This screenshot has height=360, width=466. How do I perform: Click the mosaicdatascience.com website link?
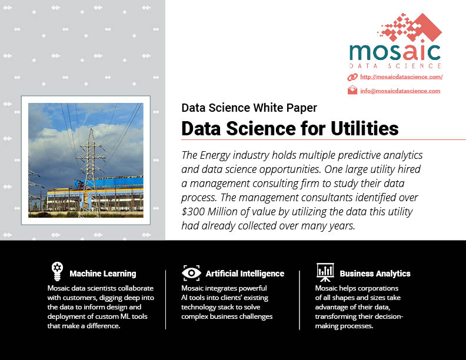[x=401, y=77]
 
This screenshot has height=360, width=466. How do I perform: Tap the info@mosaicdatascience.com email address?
[x=400, y=91]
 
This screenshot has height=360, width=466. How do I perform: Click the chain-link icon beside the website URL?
[x=352, y=77]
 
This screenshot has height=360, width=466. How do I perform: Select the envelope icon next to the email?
[x=352, y=90]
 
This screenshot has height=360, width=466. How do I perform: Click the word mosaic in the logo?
[x=395, y=52]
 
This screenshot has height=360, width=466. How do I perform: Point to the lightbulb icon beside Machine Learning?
[x=57, y=271]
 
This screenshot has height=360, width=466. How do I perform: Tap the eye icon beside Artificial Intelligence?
[x=191, y=273]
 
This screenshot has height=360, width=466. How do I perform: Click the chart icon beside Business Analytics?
[x=325, y=272]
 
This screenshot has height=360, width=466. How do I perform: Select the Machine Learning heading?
[x=103, y=274]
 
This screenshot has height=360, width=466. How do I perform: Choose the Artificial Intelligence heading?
[x=245, y=274]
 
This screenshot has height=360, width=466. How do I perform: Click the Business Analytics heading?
[x=375, y=274]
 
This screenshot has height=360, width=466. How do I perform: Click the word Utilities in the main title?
[x=365, y=129]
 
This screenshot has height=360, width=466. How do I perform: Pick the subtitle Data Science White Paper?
[x=249, y=108]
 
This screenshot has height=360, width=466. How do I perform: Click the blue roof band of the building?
[x=114, y=182]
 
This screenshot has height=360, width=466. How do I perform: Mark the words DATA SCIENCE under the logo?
[x=395, y=66]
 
